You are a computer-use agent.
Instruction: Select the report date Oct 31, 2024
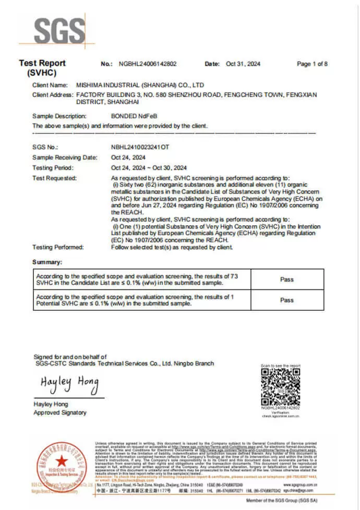tap(243, 64)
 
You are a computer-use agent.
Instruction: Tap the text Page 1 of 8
tap(312, 64)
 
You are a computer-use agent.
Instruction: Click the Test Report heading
tap(42, 63)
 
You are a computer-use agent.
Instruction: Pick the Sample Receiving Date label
tap(65, 157)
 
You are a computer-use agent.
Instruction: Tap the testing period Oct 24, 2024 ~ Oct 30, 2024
tap(149, 168)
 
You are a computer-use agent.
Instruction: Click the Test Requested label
tap(54, 178)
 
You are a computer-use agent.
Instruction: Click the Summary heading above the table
tap(47, 262)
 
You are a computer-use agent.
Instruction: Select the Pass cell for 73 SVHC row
tap(287, 279)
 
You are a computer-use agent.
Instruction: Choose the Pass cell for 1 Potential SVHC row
tap(287, 300)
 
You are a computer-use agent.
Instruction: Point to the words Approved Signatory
tap(59, 412)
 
